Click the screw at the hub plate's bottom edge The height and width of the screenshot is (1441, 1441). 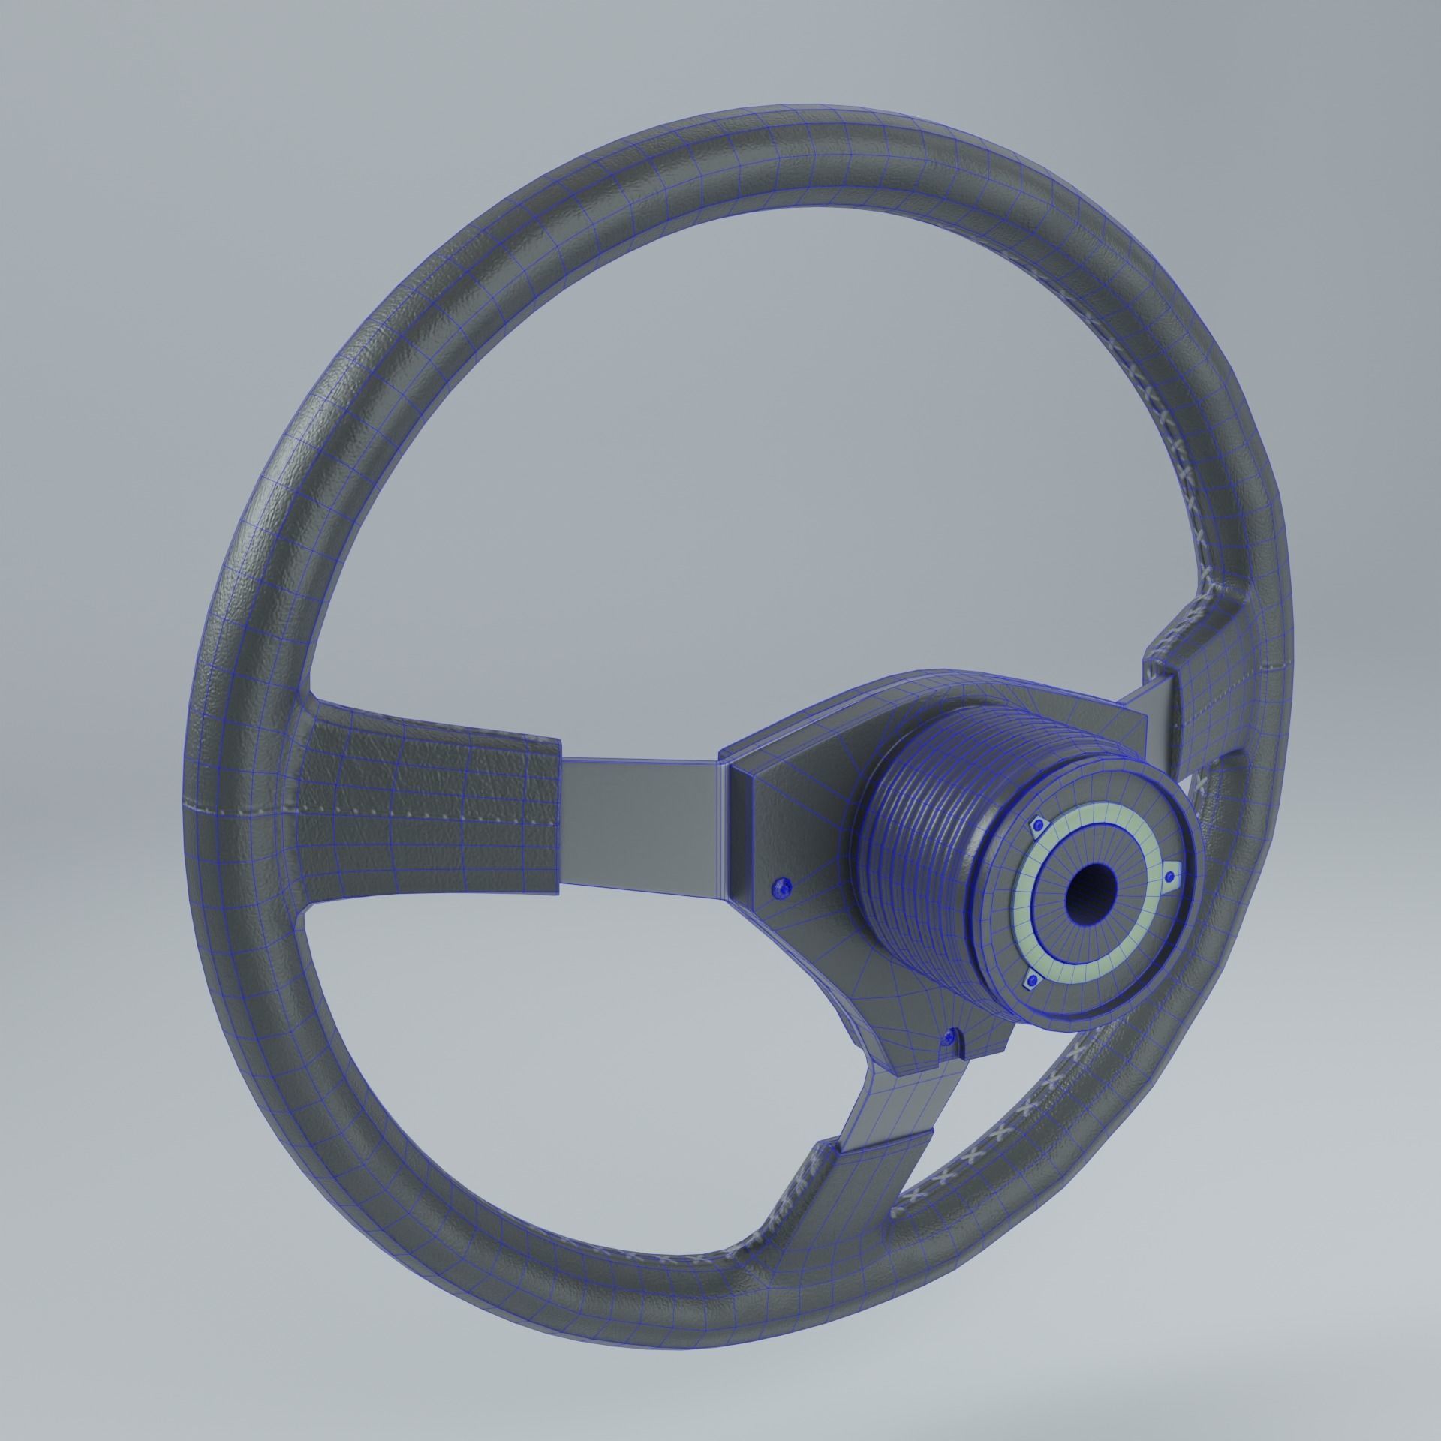[952, 1036]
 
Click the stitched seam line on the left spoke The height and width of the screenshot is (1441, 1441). [375, 809]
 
